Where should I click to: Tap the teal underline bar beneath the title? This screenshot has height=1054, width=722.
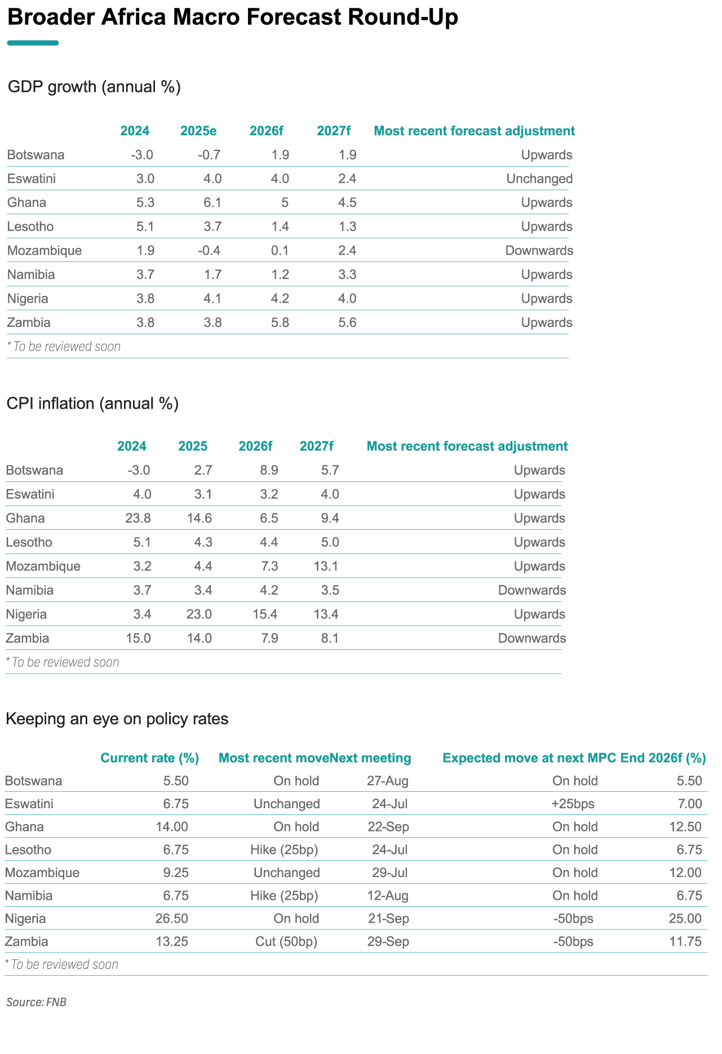(33, 43)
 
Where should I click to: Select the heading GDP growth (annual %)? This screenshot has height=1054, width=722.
(94, 87)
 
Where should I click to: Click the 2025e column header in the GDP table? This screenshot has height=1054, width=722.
(198, 131)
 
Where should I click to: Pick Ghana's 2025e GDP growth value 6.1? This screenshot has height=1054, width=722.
(212, 203)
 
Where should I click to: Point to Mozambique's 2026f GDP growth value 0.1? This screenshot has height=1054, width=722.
(280, 251)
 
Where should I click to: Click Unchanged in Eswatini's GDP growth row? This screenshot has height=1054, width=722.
(539, 179)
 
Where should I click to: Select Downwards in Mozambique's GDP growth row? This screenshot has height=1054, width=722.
(539, 251)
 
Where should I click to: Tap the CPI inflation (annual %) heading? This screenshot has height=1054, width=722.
(92, 404)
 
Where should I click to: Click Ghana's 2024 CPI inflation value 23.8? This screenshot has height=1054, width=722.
(139, 519)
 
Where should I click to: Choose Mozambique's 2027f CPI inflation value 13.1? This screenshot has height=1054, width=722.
(326, 566)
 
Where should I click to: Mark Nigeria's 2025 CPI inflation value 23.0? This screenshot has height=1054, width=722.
(200, 614)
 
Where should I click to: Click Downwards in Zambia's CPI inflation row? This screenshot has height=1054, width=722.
(532, 639)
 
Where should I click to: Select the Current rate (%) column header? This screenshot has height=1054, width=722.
(150, 758)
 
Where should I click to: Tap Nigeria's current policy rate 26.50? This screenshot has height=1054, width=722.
(172, 919)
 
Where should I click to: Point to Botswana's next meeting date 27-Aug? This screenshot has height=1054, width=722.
(388, 781)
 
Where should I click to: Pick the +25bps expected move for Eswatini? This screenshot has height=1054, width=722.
(573, 804)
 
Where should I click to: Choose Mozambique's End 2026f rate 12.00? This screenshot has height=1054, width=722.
(685, 873)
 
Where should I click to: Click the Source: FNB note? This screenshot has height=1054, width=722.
(37, 1003)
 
